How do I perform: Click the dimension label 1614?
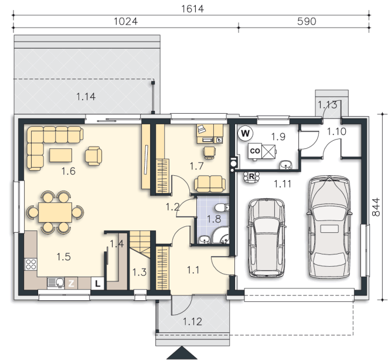click(192, 9)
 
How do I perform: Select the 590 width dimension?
click(307, 22)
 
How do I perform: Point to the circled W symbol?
click(245, 134)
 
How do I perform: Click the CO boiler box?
click(255, 151)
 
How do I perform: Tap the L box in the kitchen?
click(98, 283)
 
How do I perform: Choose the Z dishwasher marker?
click(71, 283)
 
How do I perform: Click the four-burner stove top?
click(30, 264)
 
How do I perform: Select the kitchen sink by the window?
click(56, 283)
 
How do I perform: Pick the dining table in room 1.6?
click(55, 212)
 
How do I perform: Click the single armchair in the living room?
click(93, 156)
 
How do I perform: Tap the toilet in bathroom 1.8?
click(222, 208)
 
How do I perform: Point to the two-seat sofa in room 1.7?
click(210, 184)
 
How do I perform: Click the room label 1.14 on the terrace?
click(86, 97)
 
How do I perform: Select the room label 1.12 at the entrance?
click(192, 322)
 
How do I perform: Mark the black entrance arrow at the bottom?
click(182, 353)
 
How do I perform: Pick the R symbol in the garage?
click(251, 177)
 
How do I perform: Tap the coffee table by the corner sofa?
click(60, 155)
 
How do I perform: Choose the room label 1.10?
click(336, 132)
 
